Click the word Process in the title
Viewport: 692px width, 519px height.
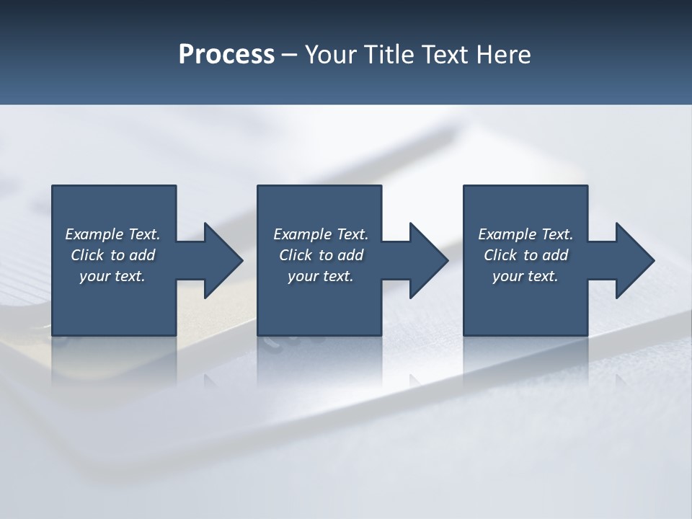click(226, 55)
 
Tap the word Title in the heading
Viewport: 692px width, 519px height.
click(389, 55)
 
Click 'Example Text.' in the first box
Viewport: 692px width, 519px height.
click(112, 234)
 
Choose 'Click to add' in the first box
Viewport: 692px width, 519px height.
click(112, 255)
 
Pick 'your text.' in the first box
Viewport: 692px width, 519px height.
click(112, 276)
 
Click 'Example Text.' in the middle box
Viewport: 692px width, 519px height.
click(321, 234)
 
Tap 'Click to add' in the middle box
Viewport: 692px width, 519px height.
click(321, 255)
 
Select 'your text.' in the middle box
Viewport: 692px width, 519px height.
click(321, 276)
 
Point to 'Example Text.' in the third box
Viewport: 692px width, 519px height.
click(525, 234)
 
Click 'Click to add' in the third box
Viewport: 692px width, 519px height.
click(525, 255)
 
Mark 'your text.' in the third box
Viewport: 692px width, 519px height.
click(525, 276)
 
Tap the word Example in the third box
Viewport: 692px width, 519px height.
click(507, 234)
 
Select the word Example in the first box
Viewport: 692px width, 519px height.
click(94, 234)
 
